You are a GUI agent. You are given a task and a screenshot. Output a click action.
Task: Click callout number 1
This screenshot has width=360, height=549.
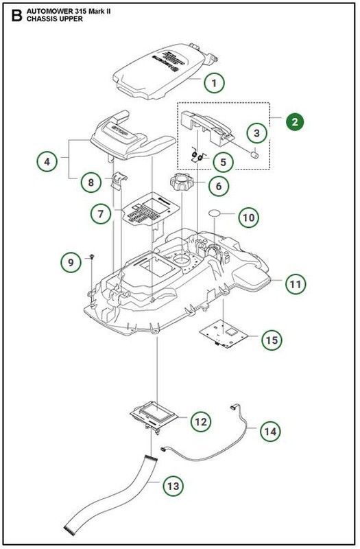click(214, 83)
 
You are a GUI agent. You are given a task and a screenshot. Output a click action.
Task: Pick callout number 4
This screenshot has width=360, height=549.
click(47, 162)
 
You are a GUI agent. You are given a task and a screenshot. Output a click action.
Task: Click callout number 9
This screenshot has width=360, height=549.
click(70, 261)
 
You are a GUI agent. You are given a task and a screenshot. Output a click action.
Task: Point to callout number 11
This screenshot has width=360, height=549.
click(296, 283)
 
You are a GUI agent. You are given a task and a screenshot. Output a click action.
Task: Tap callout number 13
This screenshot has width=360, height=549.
click(174, 486)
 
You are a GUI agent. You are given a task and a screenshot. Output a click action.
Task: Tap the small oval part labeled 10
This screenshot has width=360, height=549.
click(219, 213)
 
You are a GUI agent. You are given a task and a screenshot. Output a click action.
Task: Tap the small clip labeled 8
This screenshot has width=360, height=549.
click(119, 180)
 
